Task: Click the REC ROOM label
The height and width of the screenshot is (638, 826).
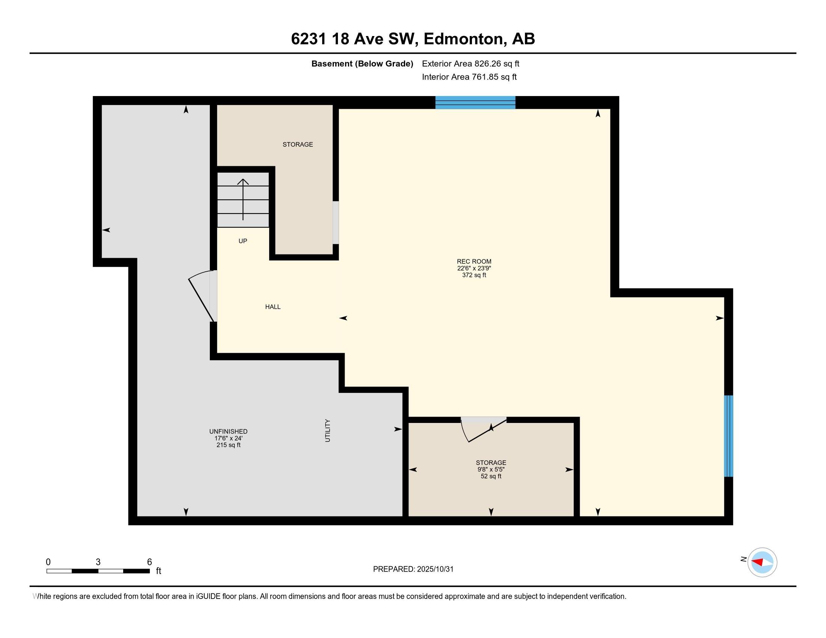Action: (474, 261)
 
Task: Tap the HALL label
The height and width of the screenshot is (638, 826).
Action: (273, 307)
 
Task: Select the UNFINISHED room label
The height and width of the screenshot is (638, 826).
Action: (228, 431)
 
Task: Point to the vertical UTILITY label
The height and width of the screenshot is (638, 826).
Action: (327, 430)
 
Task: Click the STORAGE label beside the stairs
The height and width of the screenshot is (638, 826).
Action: (298, 144)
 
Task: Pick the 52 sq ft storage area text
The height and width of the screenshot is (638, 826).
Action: (491, 476)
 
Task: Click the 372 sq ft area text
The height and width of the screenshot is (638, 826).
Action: (474, 275)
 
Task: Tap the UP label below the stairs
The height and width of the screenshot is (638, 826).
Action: (243, 241)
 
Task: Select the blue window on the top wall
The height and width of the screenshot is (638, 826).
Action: (475, 102)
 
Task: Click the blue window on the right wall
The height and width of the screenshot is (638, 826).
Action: (728, 436)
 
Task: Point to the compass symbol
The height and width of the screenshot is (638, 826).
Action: (762, 563)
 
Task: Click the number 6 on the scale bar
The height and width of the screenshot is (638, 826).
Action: (149, 562)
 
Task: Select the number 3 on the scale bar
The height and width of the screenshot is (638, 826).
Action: (98, 562)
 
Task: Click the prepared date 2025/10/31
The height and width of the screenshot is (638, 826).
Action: (435, 569)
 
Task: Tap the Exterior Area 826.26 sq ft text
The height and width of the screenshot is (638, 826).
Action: (470, 63)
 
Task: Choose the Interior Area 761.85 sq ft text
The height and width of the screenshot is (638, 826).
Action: (469, 77)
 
